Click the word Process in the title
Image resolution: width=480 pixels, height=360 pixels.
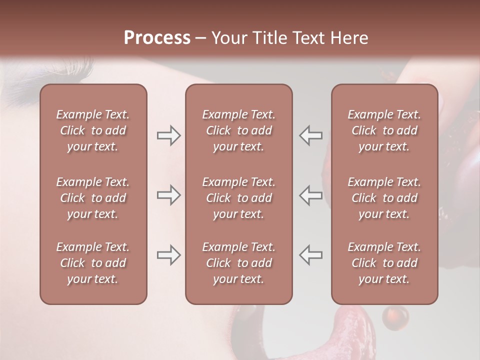point(157,38)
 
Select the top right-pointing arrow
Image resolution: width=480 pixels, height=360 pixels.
point(168,135)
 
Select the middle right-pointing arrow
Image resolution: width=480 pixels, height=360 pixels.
point(168,195)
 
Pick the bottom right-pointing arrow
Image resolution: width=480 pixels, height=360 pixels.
point(168,255)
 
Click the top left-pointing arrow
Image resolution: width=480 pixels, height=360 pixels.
point(310,135)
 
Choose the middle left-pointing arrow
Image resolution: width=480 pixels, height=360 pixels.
point(310,195)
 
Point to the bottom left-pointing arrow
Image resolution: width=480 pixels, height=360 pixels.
point(310,255)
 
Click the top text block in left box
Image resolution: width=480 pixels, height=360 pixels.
point(93,130)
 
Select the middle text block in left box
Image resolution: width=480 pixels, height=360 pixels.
point(93,198)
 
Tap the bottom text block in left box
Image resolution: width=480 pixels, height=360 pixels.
point(93,263)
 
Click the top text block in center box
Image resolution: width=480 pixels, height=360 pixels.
point(238,130)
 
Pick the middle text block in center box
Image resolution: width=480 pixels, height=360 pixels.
point(238,198)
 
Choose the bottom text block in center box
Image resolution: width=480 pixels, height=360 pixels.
point(238,263)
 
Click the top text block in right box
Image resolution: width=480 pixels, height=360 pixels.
point(384,130)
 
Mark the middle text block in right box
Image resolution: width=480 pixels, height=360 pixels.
point(384,198)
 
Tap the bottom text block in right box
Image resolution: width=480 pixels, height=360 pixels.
point(384,263)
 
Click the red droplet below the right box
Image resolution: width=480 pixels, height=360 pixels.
point(395,316)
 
